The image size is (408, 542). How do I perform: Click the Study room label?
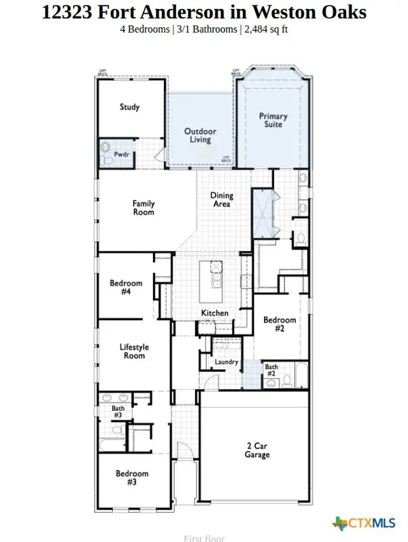(x=130, y=107)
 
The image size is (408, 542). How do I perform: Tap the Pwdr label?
(x=122, y=155)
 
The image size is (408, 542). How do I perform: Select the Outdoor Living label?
(x=200, y=135)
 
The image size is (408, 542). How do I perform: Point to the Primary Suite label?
(x=273, y=120)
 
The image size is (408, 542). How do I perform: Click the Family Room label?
(x=143, y=207)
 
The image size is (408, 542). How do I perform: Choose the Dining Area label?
(x=222, y=199)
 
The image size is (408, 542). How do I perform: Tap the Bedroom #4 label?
(x=126, y=288)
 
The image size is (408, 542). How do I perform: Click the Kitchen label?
(x=214, y=313)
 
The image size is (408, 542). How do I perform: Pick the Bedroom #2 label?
(x=280, y=324)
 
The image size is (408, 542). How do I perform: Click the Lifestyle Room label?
(x=134, y=352)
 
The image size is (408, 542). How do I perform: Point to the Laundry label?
(x=226, y=362)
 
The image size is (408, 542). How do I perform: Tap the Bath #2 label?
(x=271, y=371)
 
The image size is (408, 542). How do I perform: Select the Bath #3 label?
(x=118, y=411)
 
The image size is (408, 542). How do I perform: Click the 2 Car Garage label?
(x=258, y=450)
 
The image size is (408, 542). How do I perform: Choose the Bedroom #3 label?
(x=131, y=478)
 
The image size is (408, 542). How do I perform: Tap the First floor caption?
(x=204, y=538)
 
